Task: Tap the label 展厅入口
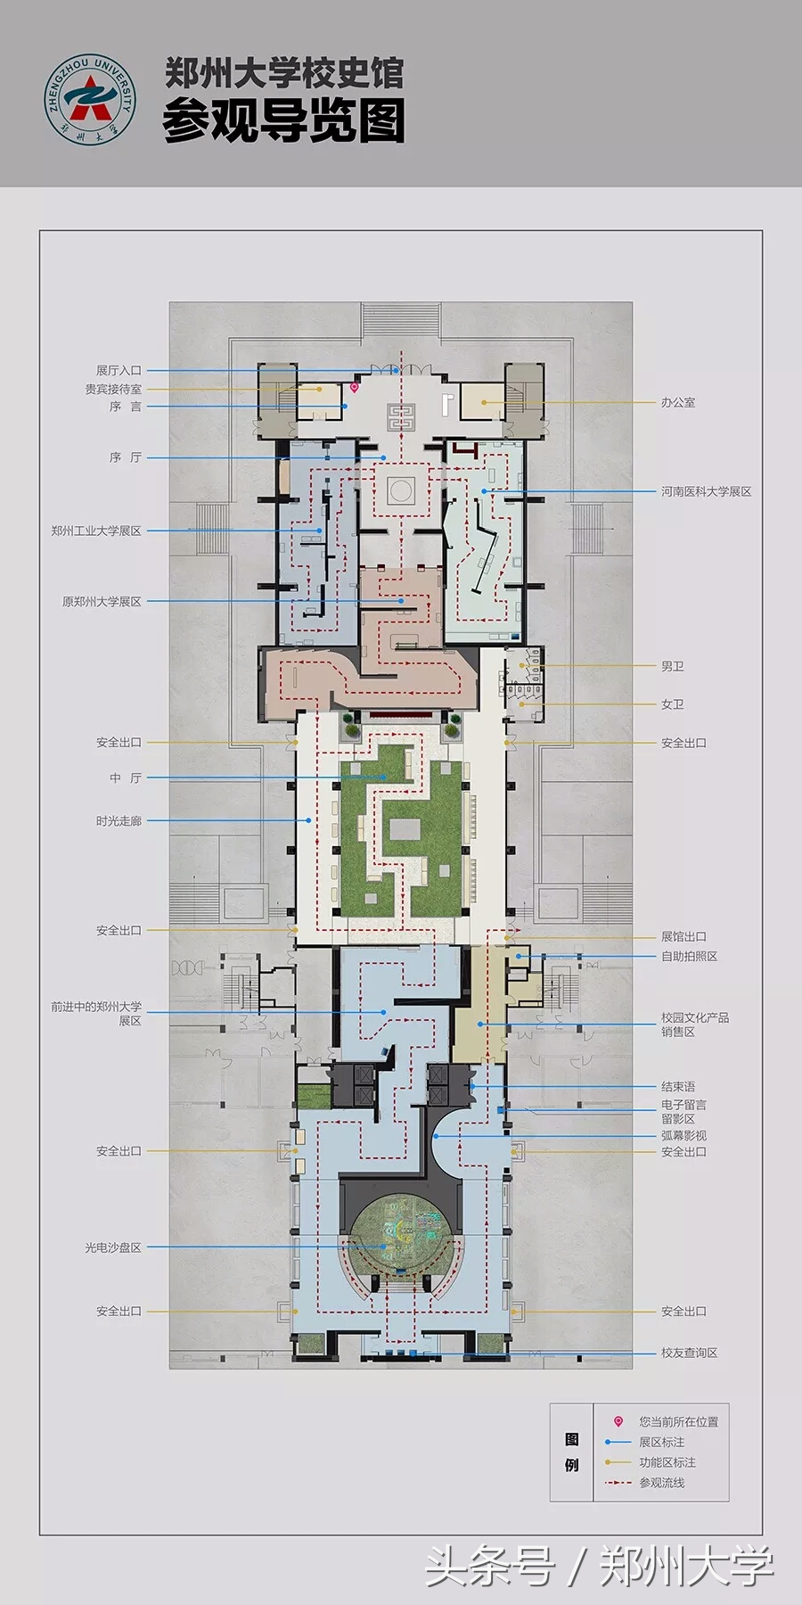[x=119, y=370]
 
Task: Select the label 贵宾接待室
[x=113, y=389]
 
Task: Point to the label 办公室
[x=678, y=402]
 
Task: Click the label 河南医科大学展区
[x=706, y=491]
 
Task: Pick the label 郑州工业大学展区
[x=96, y=531]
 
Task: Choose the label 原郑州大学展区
[x=102, y=602]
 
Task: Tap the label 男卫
[x=673, y=666]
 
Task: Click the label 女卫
[x=673, y=704]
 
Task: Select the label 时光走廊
[x=119, y=820]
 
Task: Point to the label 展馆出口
[x=683, y=936]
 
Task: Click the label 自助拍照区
[x=689, y=956]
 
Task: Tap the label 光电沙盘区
[x=113, y=1247]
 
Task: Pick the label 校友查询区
[x=689, y=1353]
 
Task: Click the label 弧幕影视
[x=683, y=1135]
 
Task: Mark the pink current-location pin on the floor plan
[x=354, y=387]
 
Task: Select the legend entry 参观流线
[x=661, y=1483]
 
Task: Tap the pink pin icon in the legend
[x=618, y=1421]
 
